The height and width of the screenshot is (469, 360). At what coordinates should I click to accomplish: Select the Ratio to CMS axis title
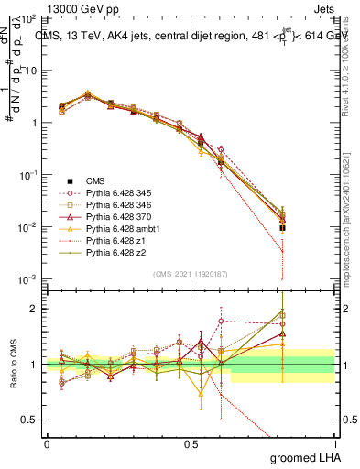13,365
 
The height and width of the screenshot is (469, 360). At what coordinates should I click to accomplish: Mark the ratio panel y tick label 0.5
30,420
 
